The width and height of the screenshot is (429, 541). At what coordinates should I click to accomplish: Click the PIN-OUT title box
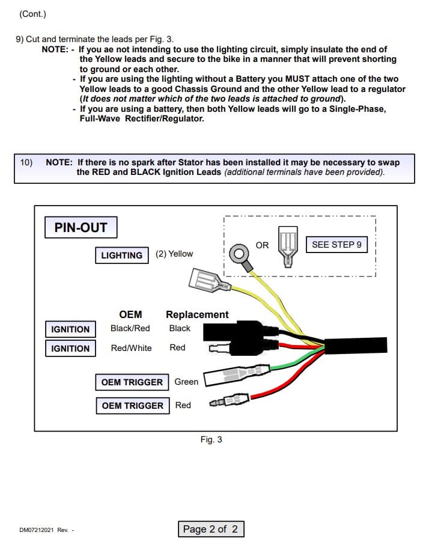[81, 227]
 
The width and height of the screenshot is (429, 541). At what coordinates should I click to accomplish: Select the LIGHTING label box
[122, 255]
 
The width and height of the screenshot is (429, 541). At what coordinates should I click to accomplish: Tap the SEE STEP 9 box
[336, 245]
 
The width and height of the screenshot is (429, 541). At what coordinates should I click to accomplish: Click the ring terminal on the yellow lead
[240, 255]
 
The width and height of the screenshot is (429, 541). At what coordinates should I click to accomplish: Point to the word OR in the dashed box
[262, 245]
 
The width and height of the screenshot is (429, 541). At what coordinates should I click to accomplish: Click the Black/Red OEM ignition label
[130, 328]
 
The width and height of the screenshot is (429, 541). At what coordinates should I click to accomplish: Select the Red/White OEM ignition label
[131, 348]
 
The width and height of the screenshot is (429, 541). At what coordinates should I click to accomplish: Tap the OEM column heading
[130, 314]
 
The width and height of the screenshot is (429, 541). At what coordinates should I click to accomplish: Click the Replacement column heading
[197, 314]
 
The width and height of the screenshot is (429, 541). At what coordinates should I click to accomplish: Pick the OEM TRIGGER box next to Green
[132, 382]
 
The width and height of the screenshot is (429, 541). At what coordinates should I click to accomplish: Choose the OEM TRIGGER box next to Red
[133, 405]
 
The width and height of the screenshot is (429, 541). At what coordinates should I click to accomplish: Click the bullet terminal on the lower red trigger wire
[229, 400]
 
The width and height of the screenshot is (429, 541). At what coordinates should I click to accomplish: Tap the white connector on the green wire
[236, 375]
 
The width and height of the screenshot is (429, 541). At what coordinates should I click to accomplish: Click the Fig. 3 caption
[211, 439]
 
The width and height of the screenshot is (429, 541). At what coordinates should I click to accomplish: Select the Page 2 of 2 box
[211, 529]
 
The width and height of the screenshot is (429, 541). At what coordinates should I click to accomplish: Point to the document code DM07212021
[37, 530]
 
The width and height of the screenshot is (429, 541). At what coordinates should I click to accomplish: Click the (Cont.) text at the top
[32, 14]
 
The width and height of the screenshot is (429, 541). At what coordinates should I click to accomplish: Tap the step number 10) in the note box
[26, 162]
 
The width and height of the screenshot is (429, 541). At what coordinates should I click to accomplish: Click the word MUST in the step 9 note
[297, 79]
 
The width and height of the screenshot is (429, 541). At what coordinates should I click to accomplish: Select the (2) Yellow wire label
[174, 254]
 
